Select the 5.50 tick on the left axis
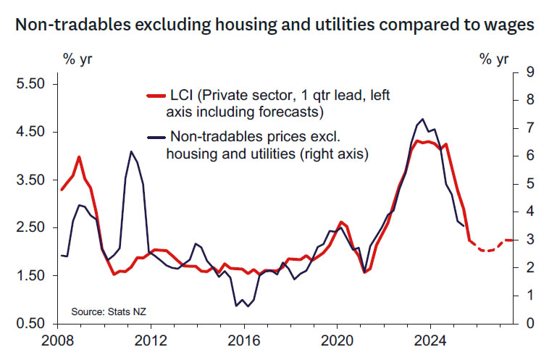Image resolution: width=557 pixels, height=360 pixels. [x=30, y=84]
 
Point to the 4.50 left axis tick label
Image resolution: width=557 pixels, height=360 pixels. [x=30, y=132]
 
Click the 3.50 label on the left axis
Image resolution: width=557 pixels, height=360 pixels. [x=30, y=180]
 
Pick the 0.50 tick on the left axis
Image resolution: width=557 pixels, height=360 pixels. [x=30, y=323]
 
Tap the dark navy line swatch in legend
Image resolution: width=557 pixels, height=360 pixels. [x=155, y=137]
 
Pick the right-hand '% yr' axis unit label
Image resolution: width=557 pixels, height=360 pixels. [x=495, y=59]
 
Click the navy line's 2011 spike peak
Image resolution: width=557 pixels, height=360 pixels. [x=131, y=151]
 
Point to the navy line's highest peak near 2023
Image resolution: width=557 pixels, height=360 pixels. [x=422, y=119]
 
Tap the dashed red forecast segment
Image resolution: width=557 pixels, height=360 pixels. [x=489, y=249]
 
